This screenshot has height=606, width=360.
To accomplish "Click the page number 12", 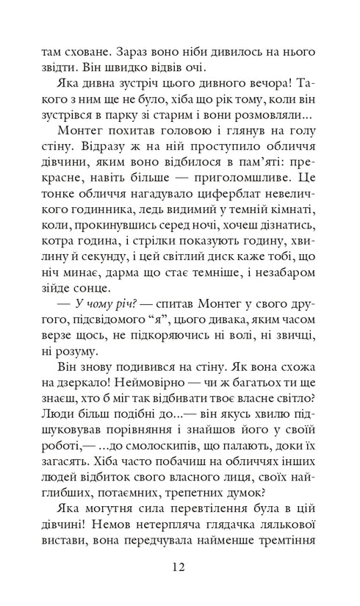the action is (x=179, y=567).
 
